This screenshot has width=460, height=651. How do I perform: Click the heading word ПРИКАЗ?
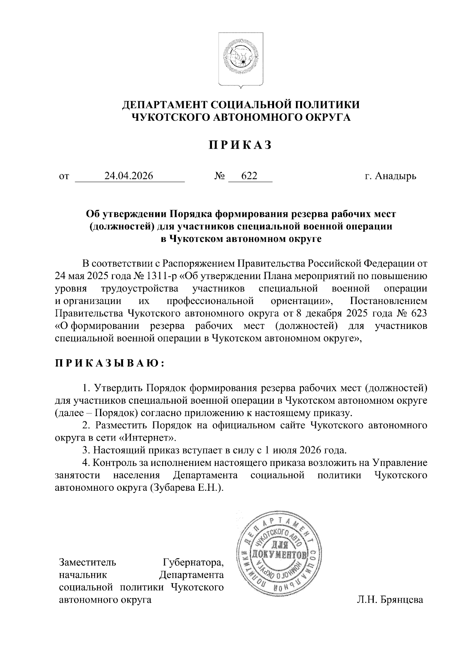(x=240, y=145)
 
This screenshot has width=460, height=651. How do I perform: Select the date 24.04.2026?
(x=129, y=176)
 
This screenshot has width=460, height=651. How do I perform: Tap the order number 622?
(x=249, y=176)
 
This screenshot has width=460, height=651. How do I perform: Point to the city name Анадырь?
(x=396, y=176)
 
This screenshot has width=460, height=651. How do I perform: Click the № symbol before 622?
(x=219, y=176)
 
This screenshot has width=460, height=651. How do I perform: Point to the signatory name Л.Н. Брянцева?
(x=389, y=600)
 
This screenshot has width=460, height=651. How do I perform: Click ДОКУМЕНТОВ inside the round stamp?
(x=279, y=555)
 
